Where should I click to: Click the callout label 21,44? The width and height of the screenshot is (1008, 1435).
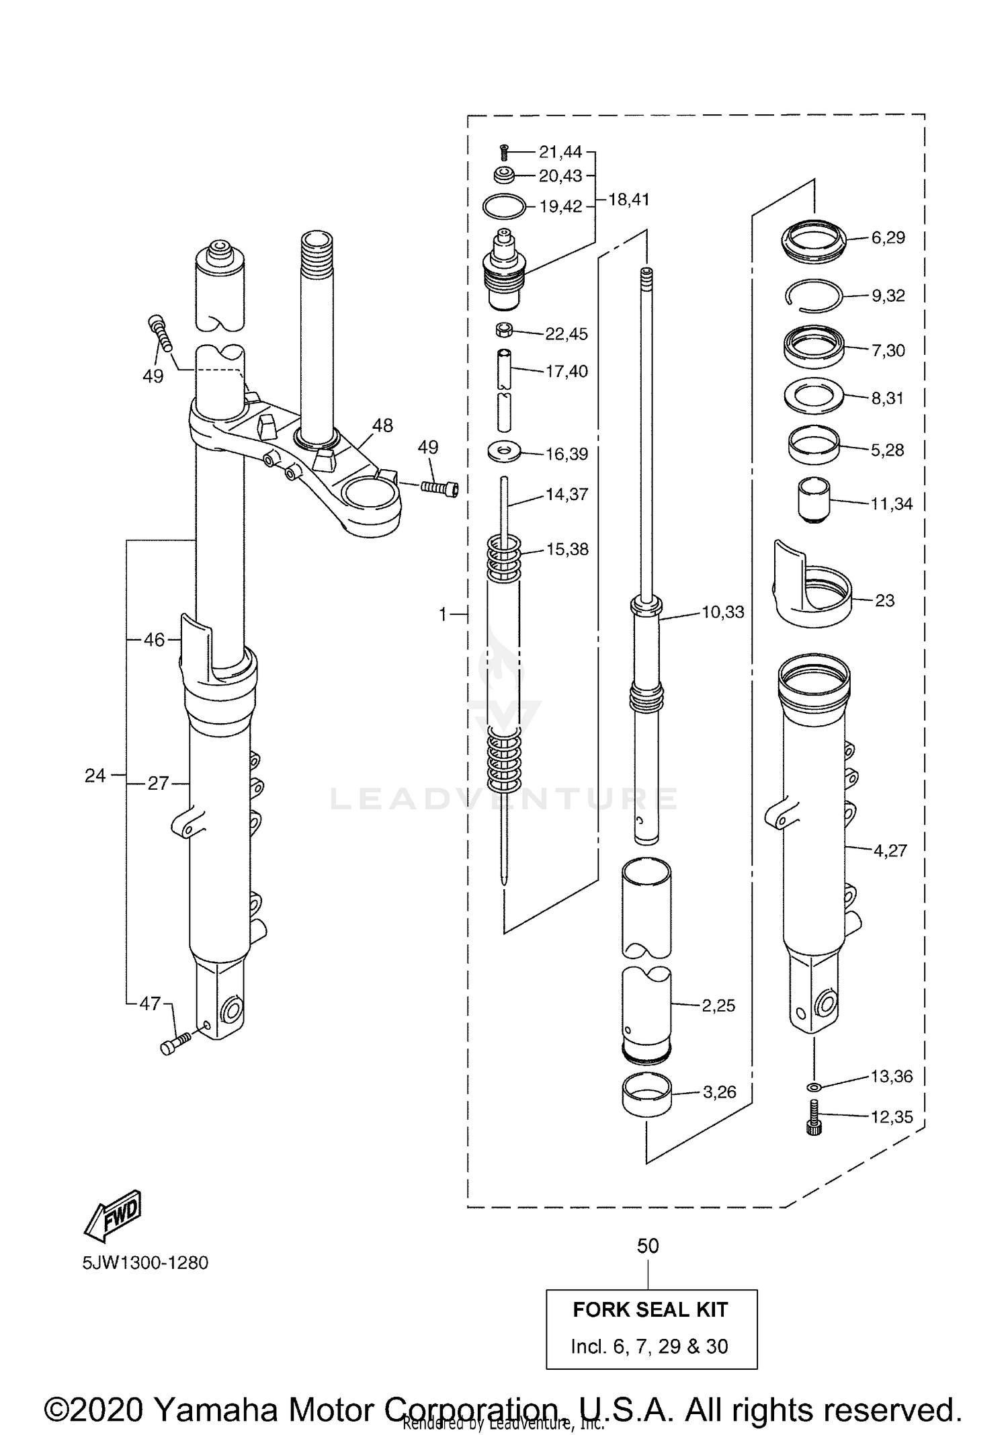tap(560, 152)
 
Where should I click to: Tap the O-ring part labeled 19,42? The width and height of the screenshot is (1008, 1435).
tap(504, 206)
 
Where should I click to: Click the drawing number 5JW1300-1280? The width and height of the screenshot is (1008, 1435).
tap(145, 1262)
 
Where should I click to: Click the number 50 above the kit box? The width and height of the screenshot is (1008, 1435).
tap(648, 1246)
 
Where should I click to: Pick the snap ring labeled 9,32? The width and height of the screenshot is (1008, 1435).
tap(814, 296)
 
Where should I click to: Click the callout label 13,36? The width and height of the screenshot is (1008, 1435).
tap(892, 1076)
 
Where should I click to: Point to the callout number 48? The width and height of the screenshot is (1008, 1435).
tap(382, 425)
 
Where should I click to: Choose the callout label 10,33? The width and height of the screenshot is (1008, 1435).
tap(722, 612)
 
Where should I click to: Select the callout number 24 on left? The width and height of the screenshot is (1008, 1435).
tap(95, 776)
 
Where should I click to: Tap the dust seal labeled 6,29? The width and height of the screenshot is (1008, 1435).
tap(814, 240)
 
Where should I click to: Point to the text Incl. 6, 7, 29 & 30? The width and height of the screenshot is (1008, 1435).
tap(650, 1346)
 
